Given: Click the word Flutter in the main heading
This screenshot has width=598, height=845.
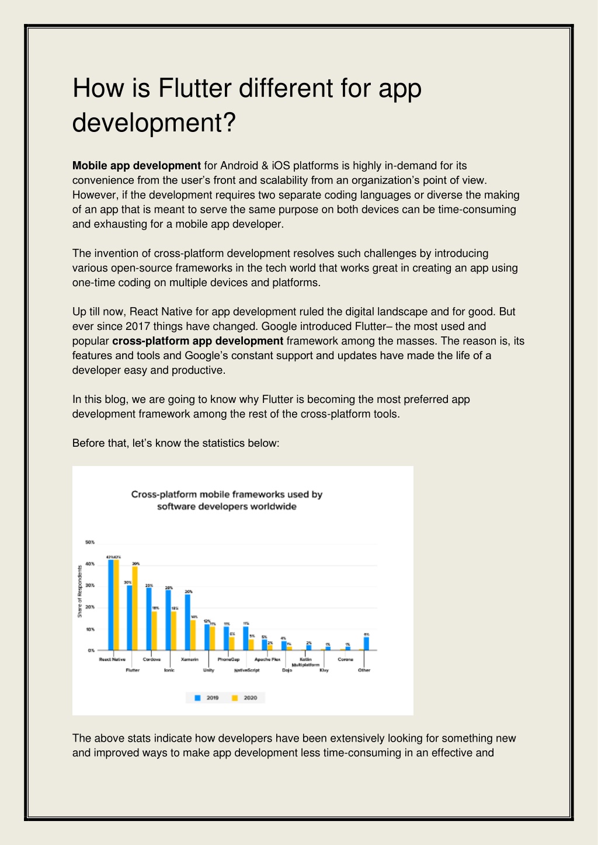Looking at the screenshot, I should [x=195, y=88].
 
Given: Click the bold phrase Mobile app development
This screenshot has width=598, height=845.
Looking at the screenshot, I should [x=136, y=166].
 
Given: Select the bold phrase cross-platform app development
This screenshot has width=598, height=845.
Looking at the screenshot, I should [x=197, y=341].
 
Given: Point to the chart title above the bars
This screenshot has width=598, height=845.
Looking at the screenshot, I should [x=227, y=500].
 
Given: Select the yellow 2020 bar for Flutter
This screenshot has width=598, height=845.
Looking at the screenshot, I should [x=135, y=608].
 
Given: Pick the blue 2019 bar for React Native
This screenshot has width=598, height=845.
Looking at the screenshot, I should [x=110, y=604].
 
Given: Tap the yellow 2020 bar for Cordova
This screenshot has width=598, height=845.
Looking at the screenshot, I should [x=154, y=630].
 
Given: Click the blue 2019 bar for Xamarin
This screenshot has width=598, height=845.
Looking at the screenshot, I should [x=187, y=621].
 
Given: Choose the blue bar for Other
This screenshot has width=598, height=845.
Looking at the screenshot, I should [x=366, y=643].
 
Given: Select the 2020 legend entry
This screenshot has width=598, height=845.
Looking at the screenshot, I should [x=245, y=698].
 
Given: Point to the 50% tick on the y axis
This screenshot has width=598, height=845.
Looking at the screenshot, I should [x=90, y=543].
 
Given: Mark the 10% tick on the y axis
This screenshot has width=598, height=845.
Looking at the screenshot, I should [x=90, y=630].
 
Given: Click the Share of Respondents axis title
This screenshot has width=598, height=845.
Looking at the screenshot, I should [x=80, y=591].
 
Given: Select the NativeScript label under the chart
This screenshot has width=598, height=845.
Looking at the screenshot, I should [x=246, y=670].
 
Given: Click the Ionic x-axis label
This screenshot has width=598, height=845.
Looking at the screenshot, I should [x=169, y=670].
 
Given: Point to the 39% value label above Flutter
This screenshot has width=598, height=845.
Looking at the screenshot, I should [x=136, y=564].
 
